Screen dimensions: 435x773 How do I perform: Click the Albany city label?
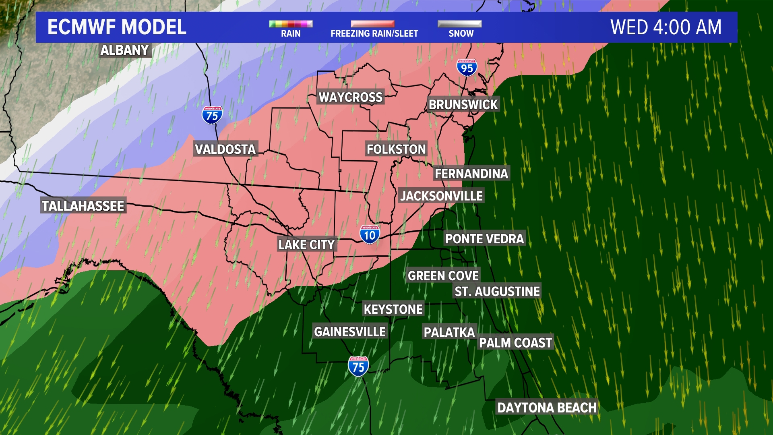pos(124,50)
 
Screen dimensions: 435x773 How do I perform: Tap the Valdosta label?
pos(225,149)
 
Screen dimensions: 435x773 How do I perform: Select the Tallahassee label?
pos(83,206)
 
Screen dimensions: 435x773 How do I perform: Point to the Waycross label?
pos(350,97)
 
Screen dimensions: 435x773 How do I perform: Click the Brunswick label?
pos(463,105)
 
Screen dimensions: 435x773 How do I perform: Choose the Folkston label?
pos(396,149)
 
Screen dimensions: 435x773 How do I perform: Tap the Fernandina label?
pos(471,174)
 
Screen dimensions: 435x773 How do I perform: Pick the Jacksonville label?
pos(441,196)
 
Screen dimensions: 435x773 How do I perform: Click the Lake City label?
pos(306,244)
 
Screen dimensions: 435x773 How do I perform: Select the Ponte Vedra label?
pos(484,239)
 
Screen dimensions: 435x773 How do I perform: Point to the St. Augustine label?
pos(497,291)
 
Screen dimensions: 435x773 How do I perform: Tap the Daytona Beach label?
pos(547,408)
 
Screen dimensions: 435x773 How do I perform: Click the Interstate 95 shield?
pos(467,68)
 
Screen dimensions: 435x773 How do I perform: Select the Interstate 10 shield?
pos(370,235)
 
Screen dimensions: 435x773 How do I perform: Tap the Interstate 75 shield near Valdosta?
pos(212,116)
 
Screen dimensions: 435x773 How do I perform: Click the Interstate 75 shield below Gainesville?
pos(358,367)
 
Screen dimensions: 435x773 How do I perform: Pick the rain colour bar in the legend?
pos(291,24)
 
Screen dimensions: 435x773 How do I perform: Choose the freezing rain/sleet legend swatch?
pos(373,24)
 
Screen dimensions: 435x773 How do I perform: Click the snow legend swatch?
pos(460,24)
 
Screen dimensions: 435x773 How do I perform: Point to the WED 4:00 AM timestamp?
pos(666,27)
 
